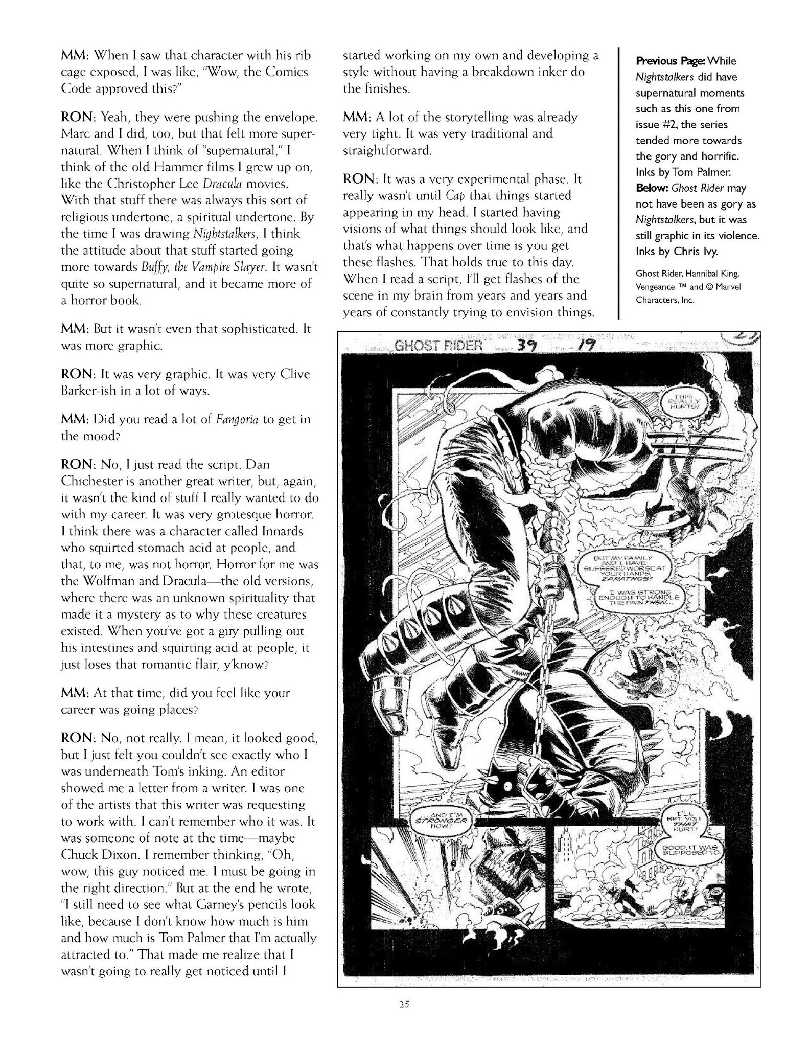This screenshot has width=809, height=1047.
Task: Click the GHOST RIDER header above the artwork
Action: coord(439,345)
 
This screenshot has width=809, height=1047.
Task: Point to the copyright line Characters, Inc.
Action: coord(664,300)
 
